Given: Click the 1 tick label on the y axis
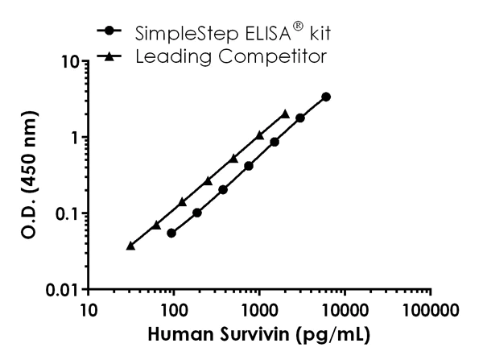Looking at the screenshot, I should [75, 138].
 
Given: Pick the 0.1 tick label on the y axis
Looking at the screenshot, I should [68, 213].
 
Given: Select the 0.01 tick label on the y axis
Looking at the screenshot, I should [63, 289].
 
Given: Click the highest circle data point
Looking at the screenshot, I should [325, 97].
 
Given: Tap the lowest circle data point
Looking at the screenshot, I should [171, 233].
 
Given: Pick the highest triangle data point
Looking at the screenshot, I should [285, 114].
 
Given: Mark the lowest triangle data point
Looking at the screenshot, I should [130, 246].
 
